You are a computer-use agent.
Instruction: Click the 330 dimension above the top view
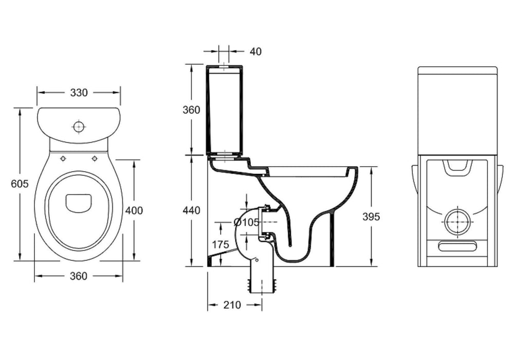(79, 93)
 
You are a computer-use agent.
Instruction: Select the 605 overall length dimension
(20, 184)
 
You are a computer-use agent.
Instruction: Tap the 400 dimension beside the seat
(134, 210)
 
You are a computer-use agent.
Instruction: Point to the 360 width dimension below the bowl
(78, 276)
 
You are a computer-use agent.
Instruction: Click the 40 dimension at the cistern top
(256, 51)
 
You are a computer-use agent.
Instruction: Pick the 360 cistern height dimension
(191, 110)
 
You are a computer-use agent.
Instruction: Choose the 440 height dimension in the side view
(191, 210)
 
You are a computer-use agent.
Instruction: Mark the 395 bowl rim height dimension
(371, 217)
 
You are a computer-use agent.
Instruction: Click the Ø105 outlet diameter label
(245, 222)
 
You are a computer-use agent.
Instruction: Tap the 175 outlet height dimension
(220, 244)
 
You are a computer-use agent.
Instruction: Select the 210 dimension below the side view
(232, 304)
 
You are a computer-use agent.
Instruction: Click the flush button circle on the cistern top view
(79, 125)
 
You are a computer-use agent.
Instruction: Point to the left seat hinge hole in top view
(63, 158)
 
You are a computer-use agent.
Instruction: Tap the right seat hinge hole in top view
(95, 158)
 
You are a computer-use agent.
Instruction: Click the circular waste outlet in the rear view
(458, 222)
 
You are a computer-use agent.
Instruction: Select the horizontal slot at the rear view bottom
(458, 246)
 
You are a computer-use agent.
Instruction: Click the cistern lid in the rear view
(458, 70)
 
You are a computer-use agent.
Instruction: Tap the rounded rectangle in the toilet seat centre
(79, 202)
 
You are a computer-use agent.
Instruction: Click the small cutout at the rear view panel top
(457, 166)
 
